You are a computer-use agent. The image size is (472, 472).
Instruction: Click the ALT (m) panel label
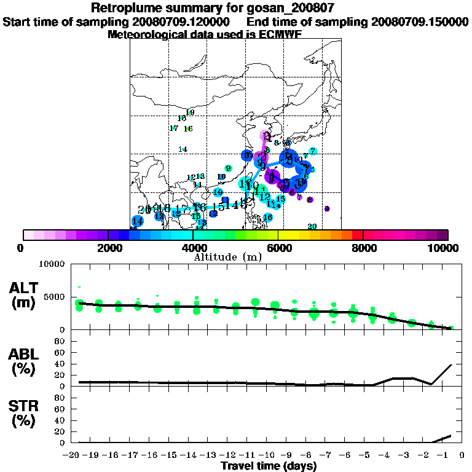[x=25, y=295]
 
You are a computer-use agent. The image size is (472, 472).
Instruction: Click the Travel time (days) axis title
[x=269, y=466]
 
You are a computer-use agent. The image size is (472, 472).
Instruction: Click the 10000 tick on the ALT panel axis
[x=52, y=265]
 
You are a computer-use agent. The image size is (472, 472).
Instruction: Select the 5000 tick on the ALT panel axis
[x=55, y=297]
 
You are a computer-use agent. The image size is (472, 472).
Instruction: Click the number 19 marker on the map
[x=190, y=112]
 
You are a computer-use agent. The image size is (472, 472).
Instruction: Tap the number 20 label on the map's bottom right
[x=312, y=227]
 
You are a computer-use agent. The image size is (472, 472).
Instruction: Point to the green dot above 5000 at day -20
[x=79, y=287]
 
